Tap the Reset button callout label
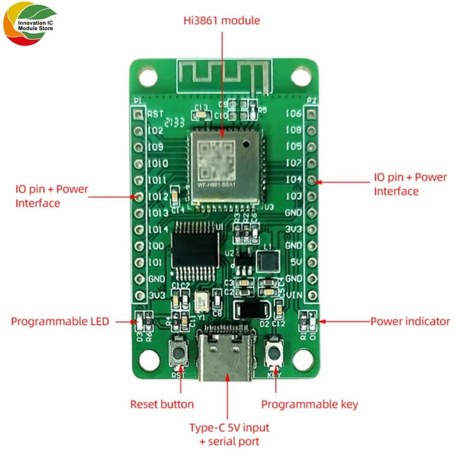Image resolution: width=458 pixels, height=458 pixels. (x=162, y=404)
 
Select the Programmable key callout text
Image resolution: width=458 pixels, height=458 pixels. (x=310, y=404)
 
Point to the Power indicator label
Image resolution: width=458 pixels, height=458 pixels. (x=410, y=321)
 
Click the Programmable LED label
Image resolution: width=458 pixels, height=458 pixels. (x=60, y=321)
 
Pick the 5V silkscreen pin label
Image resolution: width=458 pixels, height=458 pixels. (x=296, y=262)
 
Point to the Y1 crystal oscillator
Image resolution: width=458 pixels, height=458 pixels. (x=201, y=301)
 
